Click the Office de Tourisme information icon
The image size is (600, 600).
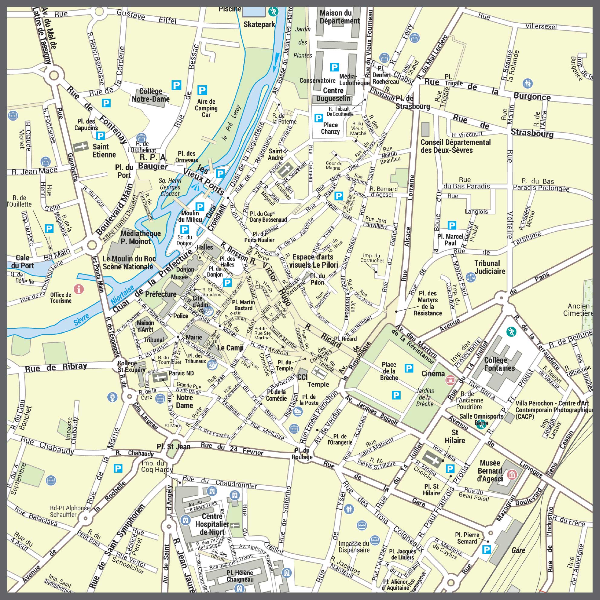pyautogui.click(x=79, y=289)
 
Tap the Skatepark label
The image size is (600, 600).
pyautogui.click(x=259, y=24)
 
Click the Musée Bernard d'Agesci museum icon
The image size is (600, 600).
pyautogui.click(x=511, y=474)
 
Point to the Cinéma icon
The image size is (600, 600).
pyautogui.click(x=449, y=379)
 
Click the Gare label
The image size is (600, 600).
pyautogui.click(x=518, y=550)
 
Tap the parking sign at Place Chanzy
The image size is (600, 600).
pyautogui.click(x=318, y=118)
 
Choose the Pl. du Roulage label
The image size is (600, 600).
pyautogui.click(x=302, y=454)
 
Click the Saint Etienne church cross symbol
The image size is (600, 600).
pyautogui.click(x=81, y=147)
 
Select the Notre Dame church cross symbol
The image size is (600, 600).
pyautogui.click(x=160, y=378)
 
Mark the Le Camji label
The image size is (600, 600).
pyautogui.click(x=230, y=348)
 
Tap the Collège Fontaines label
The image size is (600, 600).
pyautogui.click(x=499, y=364)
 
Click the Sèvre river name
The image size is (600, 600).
pyautogui.click(x=82, y=319)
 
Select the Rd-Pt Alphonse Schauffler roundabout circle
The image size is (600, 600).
pyautogui.click(x=85, y=518)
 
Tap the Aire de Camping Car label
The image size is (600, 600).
pyautogui.click(x=206, y=108)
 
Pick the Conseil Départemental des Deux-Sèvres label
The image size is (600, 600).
pyautogui.click(x=455, y=146)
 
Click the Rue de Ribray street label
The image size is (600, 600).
pyautogui.click(x=56, y=367)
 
